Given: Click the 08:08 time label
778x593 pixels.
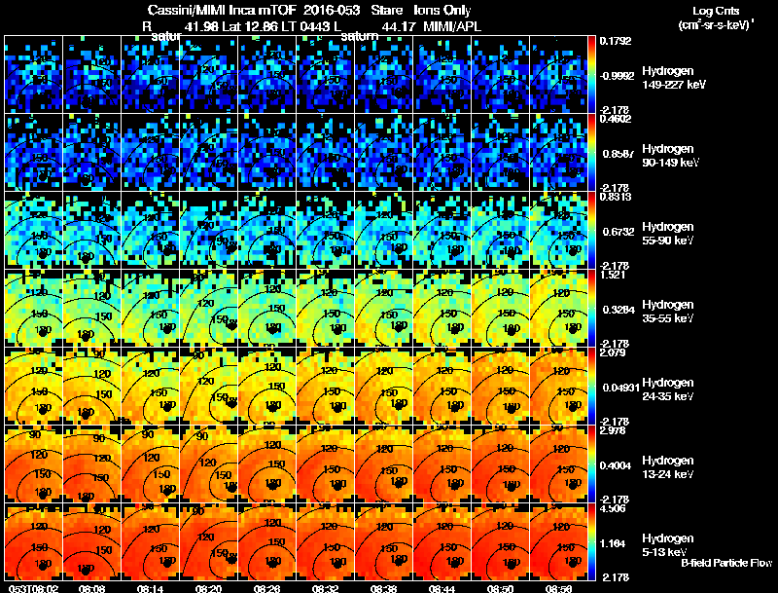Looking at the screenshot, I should [x=91, y=588].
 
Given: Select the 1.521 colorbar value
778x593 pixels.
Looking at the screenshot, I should [x=613, y=275].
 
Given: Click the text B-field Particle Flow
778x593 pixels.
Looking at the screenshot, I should [x=725, y=563].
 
